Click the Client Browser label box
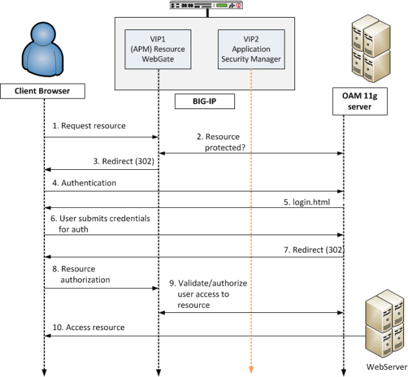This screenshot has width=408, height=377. pos(43,91)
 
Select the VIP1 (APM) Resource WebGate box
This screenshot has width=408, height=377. pos(159,49)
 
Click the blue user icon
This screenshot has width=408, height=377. pos(44,48)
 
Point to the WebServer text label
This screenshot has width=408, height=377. pos(386,367)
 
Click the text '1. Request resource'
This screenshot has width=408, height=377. pos(89,125)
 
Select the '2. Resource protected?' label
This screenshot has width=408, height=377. pos(223,142)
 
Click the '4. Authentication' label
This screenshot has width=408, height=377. pos(89,184)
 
